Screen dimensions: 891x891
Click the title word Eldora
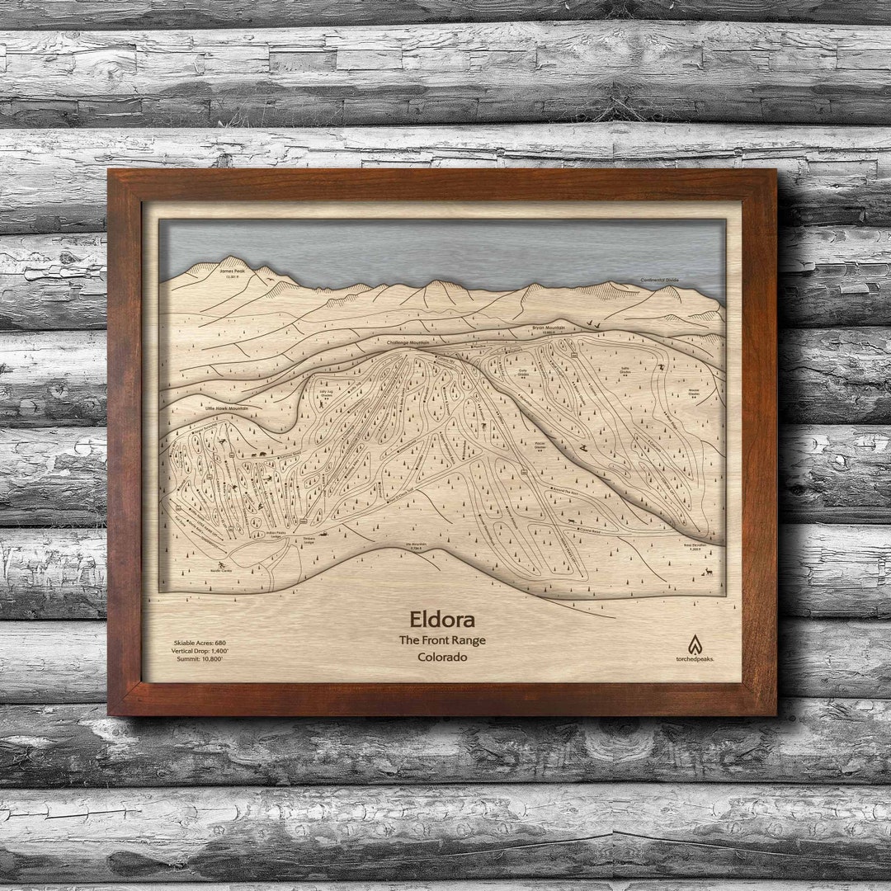click(x=441, y=620)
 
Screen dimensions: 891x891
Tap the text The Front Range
click(x=441, y=640)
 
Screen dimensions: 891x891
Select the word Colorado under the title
click(x=441, y=658)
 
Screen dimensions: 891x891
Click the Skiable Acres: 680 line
click(x=200, y=642)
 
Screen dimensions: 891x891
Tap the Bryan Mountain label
click(x=549, y=328)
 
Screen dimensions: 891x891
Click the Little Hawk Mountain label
click(x=227, y=408)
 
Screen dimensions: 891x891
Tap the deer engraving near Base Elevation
click(x=708, y=568)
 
